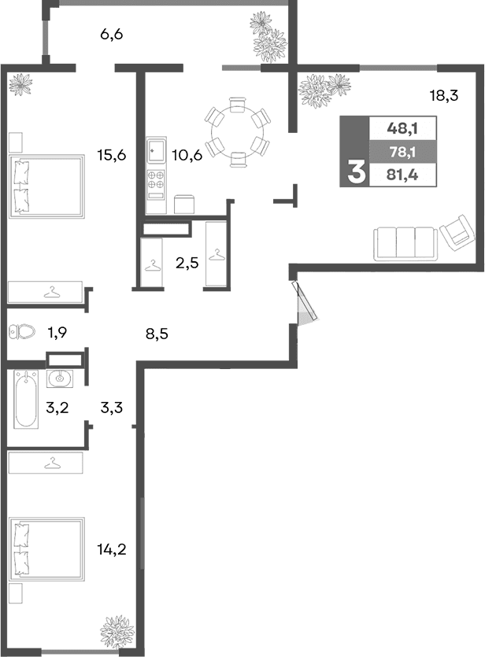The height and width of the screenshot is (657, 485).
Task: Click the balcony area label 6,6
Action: (x=113, y=35)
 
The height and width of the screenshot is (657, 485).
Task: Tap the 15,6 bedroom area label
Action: (x=112, y=155)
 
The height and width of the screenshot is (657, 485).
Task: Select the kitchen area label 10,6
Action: (x=187, y=155)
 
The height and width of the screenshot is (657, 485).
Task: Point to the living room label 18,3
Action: (x=443, y=96)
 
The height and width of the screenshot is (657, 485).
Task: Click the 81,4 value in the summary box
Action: (x=402, y=175)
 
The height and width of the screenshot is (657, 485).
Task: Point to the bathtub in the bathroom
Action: (x=26, y=399)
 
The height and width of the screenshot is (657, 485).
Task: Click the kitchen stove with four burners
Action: (x=156, y=180)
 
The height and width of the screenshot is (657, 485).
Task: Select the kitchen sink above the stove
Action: (x=156, y=150)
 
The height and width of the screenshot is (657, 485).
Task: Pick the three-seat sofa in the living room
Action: (x=405, y=243)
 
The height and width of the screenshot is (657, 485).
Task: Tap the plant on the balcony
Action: (x=268, y=37)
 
